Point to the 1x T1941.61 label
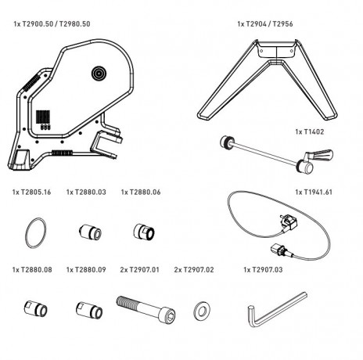(314, 191)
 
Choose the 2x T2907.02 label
(194, 269)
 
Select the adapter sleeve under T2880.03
(88, 232)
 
